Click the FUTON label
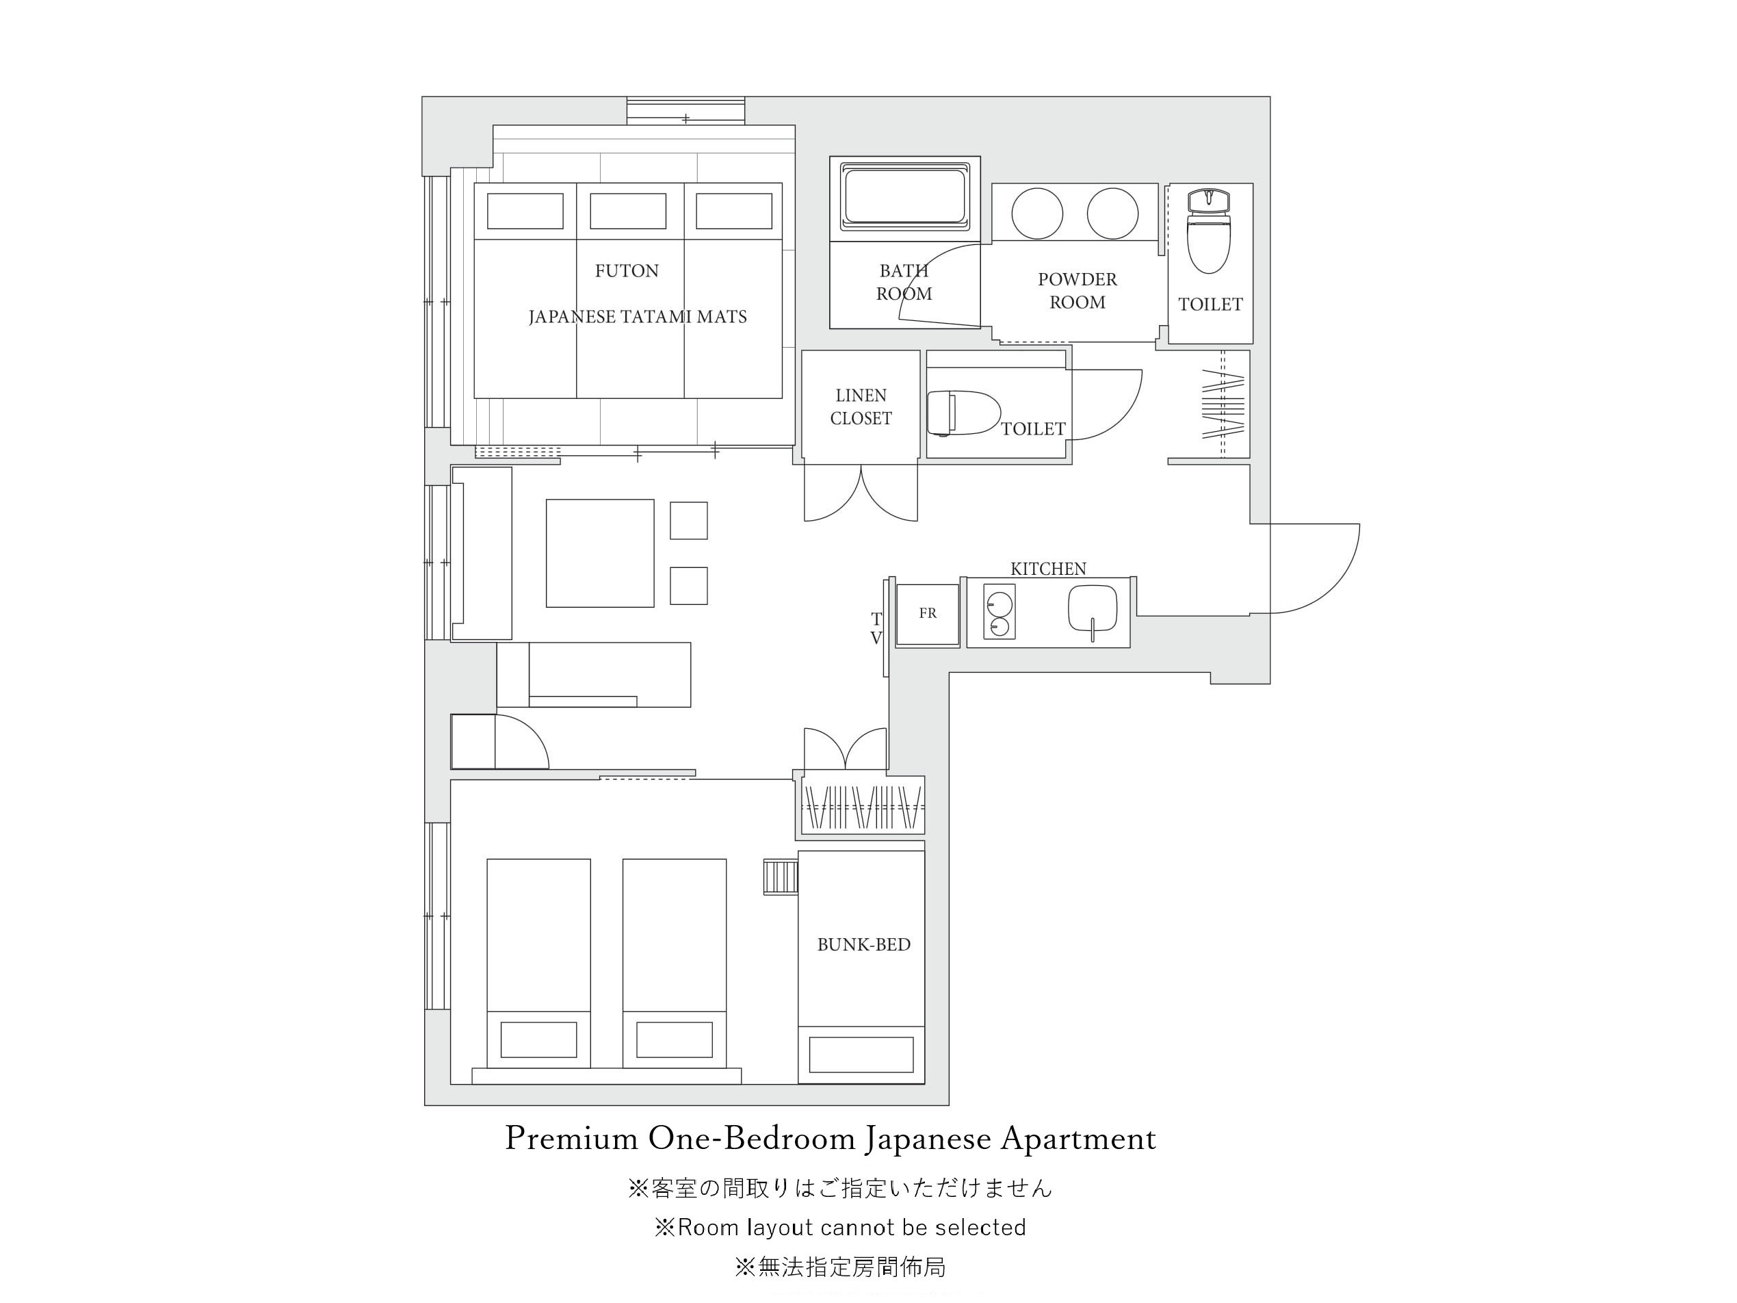point(627,271)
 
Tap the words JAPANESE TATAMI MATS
point(638,318)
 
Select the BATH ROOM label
point(904,282)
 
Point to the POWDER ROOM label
point(1078,291)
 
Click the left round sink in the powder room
point(1037,214)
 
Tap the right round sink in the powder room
point(1112,214)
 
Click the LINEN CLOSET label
point(861,407)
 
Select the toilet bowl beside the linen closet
point(963,413)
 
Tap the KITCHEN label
point(1048,569)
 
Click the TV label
point(876,629)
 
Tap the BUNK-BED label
point(864,945)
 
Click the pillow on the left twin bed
point(538,1039)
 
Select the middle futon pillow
point(628,211)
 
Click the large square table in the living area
point(600,553)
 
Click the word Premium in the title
point(571,1139)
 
